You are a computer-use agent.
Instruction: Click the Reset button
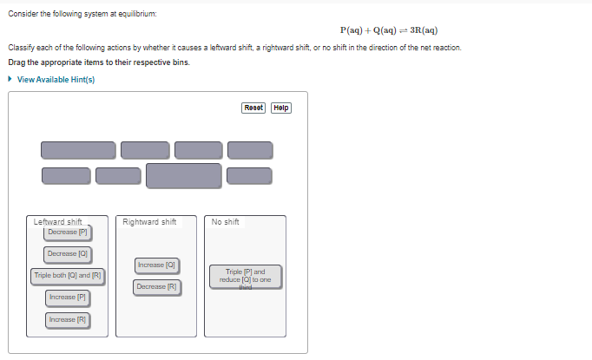coord(254,108)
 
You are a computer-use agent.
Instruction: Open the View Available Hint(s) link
coord(56,80)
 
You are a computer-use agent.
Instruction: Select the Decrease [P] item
coord(68,232)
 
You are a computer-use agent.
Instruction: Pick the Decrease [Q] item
coord(68,253)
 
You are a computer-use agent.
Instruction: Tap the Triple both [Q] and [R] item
coord(68,276)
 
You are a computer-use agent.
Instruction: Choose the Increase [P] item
coord(68,298)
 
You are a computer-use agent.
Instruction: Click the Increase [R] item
coord(68,320)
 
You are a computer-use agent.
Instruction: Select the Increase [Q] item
coord(157,264)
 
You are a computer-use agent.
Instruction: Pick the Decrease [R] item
coord(157,286)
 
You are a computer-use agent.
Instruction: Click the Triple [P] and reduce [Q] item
coord(246,275)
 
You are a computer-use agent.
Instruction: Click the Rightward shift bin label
coord(149,222)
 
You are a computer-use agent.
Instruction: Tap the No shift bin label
coord(225,222)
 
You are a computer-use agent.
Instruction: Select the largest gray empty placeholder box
coord(183,175)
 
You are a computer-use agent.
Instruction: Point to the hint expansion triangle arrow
coord(10,80)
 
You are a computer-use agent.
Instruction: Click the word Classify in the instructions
coord(21,47)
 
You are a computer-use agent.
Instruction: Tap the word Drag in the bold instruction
coord(16,62)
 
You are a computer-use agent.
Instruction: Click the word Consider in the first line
coord(23,14)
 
